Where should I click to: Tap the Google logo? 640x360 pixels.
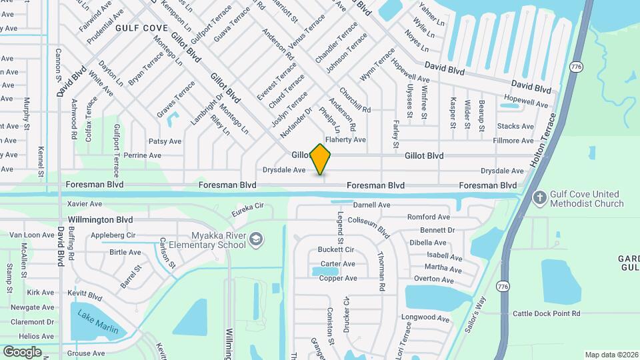(x=22, y=351)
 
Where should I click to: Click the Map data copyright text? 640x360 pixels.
(x=611, y=355)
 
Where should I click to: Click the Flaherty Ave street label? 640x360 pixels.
(x=345, y=139)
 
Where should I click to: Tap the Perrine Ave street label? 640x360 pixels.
(x=143, y=155)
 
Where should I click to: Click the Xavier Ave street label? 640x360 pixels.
(x=84, y=203)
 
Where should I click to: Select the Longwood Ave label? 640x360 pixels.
(x=425, y=318)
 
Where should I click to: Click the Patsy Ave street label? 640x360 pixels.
(x=165, y=141)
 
